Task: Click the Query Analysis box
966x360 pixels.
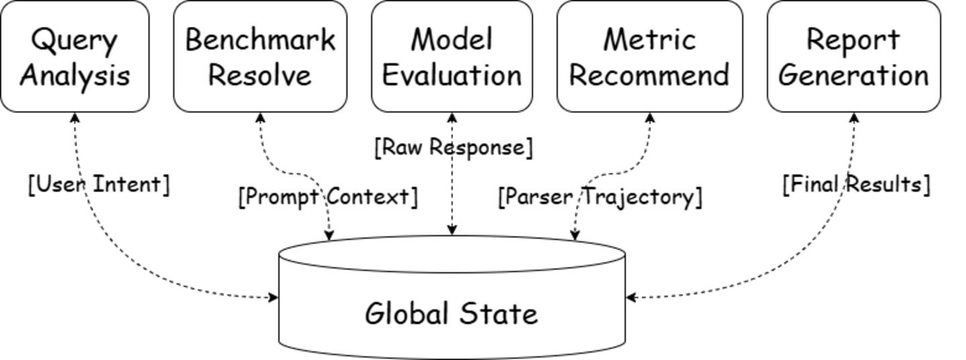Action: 75,56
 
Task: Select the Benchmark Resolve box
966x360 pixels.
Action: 260,56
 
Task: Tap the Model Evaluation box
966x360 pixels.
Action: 452,56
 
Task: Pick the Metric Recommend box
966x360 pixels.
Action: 650,56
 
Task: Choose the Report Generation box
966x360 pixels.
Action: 853,56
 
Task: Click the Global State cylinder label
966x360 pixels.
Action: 452,314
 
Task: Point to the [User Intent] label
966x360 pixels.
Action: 99,184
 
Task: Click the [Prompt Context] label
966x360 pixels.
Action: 328,197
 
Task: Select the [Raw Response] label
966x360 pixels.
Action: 454,147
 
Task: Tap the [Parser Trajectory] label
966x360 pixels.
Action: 600,197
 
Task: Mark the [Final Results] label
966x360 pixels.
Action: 857,184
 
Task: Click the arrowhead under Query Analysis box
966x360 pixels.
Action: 75,118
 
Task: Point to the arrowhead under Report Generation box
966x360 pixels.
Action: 853,118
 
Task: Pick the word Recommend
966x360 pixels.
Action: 650,75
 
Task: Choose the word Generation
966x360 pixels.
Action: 853,75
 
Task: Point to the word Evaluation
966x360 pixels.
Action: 452,75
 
